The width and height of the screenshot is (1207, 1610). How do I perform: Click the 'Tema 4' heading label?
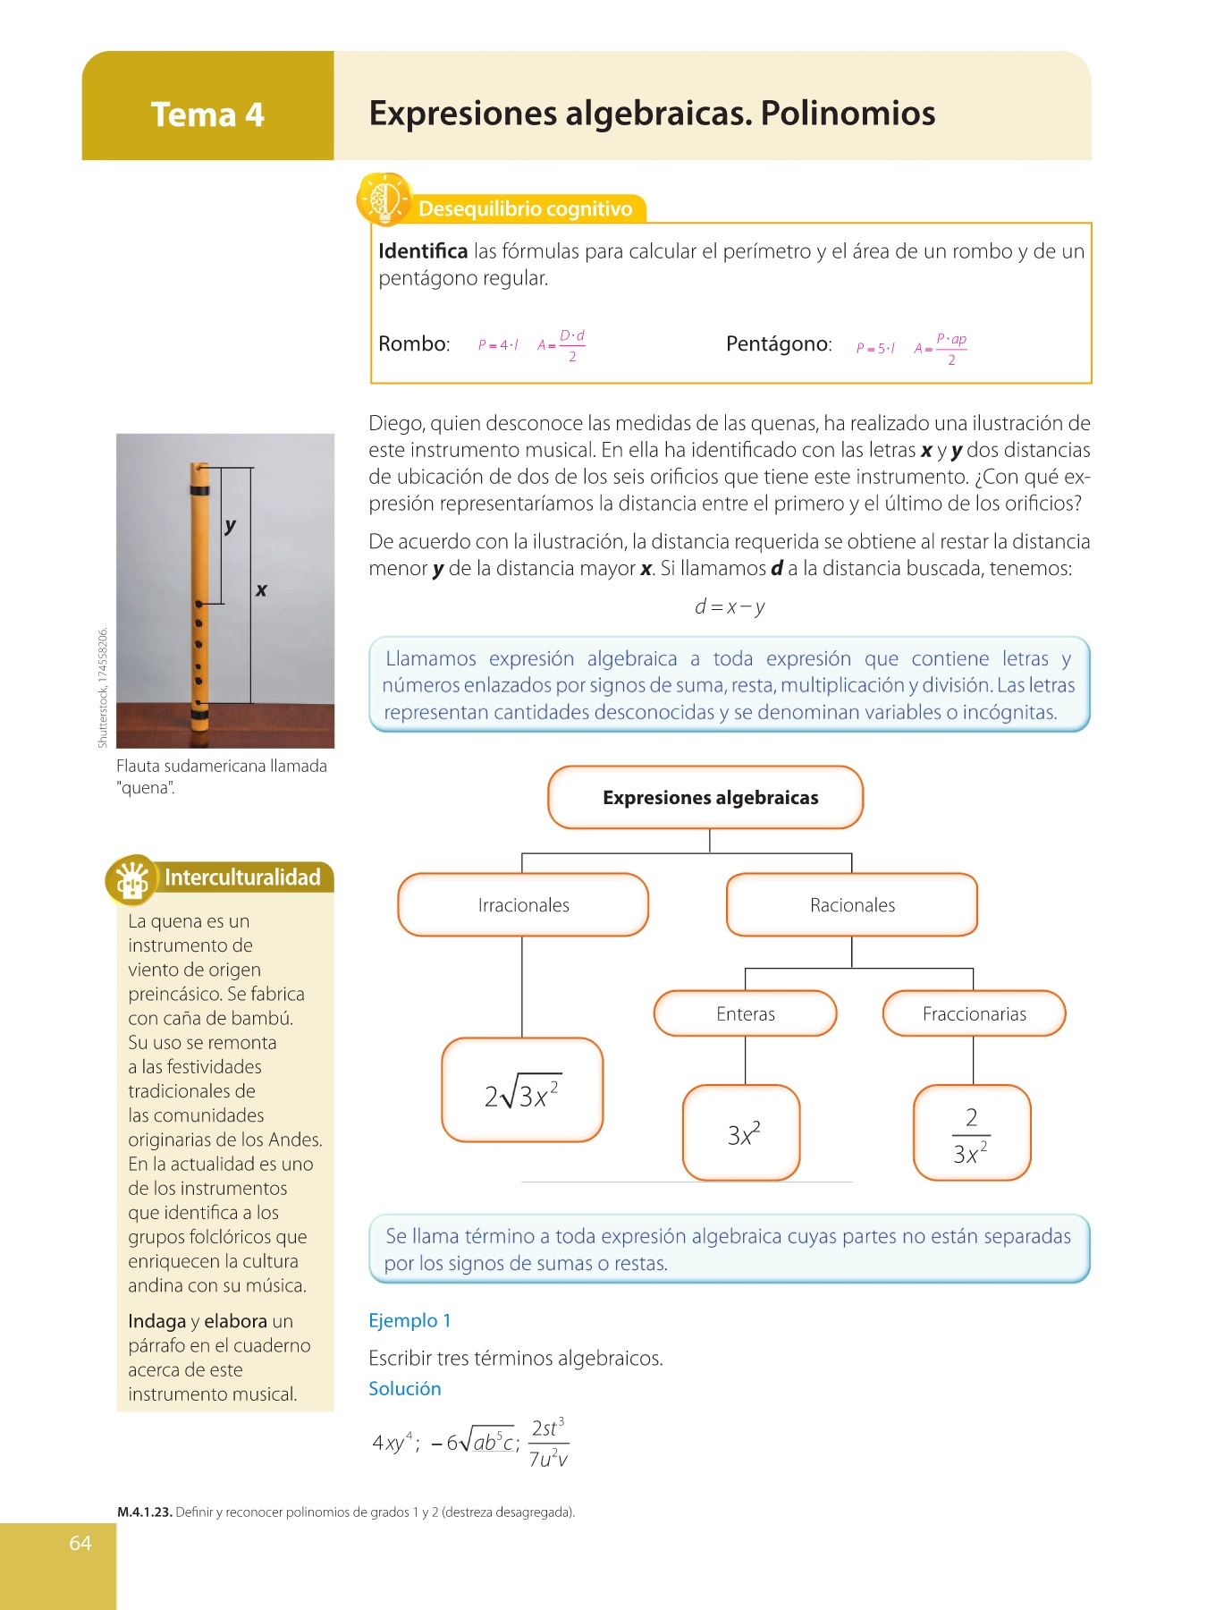[207, 114]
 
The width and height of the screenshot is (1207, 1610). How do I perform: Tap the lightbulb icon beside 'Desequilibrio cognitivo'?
[384, 199]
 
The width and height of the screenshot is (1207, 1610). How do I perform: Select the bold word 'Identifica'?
[423, 251]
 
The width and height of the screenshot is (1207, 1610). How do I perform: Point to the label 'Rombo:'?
[414, 344]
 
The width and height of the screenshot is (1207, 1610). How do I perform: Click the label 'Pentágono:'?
[779, 344]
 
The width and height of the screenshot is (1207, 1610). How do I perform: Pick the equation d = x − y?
[730, 607]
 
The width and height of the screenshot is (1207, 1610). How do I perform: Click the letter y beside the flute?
[231, 525]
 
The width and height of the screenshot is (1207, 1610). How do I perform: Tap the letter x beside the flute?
[261, 590]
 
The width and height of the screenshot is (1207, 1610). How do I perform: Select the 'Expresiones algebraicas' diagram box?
[705, 797]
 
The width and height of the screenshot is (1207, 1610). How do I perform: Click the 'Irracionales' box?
[523, 905]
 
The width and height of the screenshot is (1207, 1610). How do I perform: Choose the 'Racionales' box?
[852, 905]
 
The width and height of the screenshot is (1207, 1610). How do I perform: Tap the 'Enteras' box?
[746, 1013]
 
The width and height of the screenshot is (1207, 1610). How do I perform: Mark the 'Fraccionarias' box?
[974, 1013]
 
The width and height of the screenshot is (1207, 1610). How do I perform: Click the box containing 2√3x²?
[522, 1090]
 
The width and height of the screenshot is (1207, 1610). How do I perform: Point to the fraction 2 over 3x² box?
[972, 1133]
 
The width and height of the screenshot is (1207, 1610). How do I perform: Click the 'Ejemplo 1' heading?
[409, 1321]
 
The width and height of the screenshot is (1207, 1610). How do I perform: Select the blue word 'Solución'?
[405, 1389]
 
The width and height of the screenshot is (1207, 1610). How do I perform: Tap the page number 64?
[80, 1543]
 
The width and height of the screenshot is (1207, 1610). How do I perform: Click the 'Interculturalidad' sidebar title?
[241, 877]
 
